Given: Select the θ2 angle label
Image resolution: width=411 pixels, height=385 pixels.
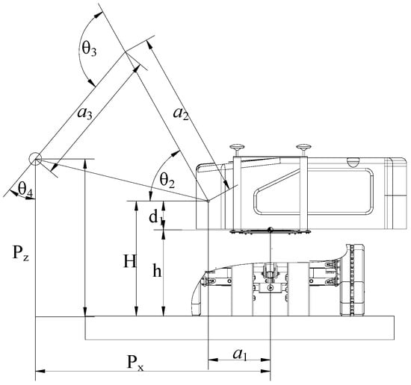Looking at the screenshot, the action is click(x=167, y=180).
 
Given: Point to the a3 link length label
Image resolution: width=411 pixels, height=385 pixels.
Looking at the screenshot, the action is click(x=84, y=114).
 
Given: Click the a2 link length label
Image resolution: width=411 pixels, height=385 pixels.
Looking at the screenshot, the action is click(x=181, y=114).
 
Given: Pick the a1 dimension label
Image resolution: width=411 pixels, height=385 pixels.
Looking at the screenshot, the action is click(x=240, y=354).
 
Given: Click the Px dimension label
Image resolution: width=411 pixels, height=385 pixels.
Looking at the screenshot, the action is click(x=135, y=363).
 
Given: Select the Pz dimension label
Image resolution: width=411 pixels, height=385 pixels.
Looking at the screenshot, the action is click(x=20, y=253).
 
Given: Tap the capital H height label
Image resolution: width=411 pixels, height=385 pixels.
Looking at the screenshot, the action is click(x=130, y=261).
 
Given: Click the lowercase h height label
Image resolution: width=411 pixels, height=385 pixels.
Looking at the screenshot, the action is click(x=157, y=271).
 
